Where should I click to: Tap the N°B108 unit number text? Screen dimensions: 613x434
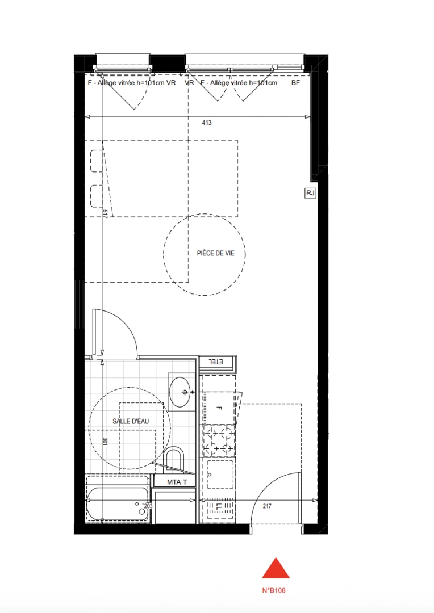point(274,590)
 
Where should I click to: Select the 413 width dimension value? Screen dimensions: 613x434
point(206,123)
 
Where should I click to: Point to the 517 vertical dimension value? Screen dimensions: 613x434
point(105,213)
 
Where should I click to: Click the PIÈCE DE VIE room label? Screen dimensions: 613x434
point(215,254)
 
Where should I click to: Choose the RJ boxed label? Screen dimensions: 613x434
point(310,194)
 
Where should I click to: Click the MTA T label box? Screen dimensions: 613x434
point(174,482)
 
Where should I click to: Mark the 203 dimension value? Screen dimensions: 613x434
point(149,506)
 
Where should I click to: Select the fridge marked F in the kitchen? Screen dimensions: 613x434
point(219,408)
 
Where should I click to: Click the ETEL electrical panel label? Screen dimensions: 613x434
point(216,362)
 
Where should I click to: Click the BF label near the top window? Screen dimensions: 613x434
point(295,83)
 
